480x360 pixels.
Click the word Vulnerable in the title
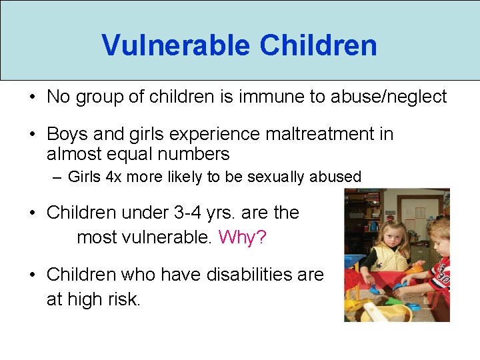point(176,45)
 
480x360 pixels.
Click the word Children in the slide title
point(319,45)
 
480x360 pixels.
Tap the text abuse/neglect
point(403,97)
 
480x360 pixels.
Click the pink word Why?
point(242,237)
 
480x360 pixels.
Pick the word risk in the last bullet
point(125,299)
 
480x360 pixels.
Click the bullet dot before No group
point(32,97)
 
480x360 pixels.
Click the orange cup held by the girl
point(414,269)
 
